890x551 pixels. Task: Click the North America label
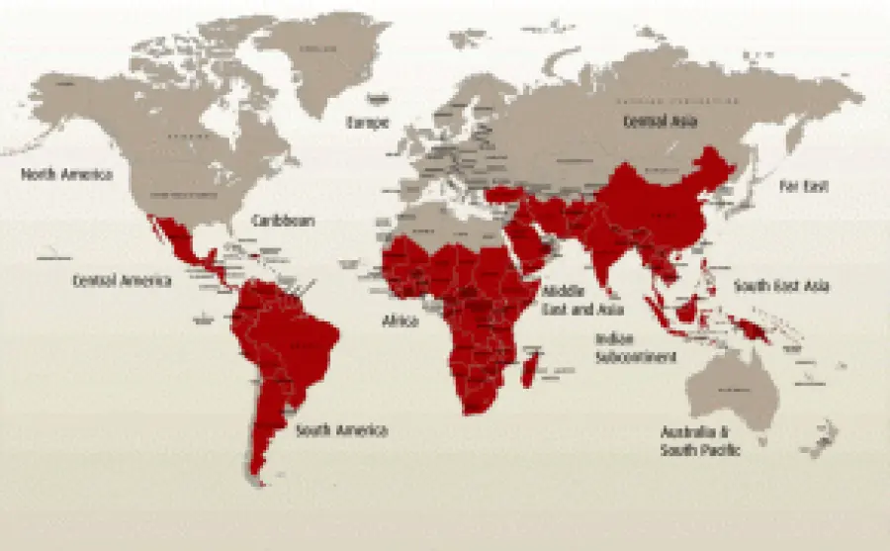click(x=67, y=175)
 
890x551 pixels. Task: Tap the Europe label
click(x=366, y=123)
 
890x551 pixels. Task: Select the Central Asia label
click(x=660, y=122)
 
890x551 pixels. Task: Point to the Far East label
click(x=803, y=186)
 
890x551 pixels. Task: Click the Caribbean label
click(x=283, y=221)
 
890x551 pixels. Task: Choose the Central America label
click(x=122, y=281)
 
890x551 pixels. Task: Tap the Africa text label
click(x=400, y=321)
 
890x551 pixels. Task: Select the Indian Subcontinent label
click(x=635, y=347)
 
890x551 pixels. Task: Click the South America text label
click(x=342, y=430)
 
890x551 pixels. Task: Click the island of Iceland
click(x=380, y=99)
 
